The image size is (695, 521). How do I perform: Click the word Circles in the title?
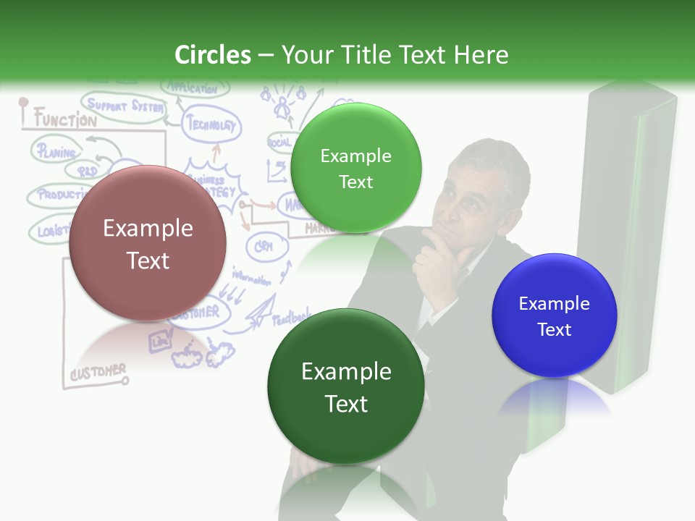click(x=213, y=55)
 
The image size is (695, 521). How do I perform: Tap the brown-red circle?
click(x=148, y=244)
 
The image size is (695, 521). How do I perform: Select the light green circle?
click(x=355, y=168)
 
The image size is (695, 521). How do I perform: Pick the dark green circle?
click(x=346, y=386)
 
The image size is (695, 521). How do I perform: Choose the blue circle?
click(x=555, y=315)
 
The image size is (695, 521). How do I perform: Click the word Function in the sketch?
click(x=65, y=119)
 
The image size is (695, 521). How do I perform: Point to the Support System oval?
click(x=123, y=106)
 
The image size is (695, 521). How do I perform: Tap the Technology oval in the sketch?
click(x=211, y=124)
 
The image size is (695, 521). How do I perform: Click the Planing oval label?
click(x=56, y=152)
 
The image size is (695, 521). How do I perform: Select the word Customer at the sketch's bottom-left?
click(x=98, y=372)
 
